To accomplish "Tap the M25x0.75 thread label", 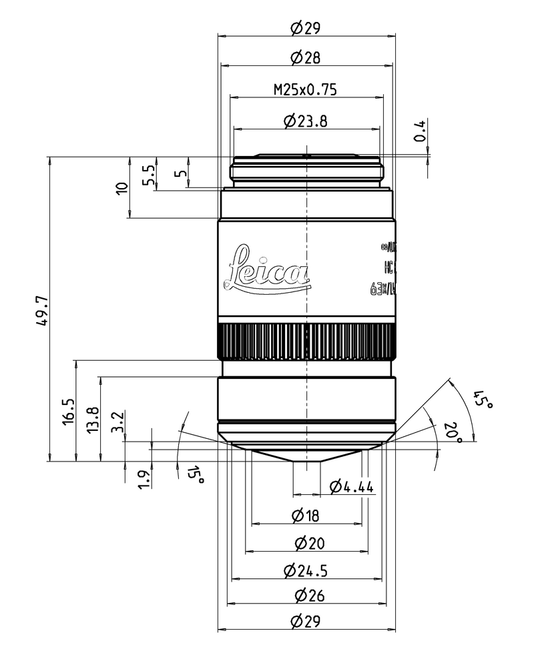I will coord(306,88).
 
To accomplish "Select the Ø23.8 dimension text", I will coord(306,121).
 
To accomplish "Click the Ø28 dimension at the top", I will coord(306,58).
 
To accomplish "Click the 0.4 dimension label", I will coord(419,131).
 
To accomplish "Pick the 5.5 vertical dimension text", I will coord(149,175).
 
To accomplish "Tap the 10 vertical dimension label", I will coord(121,187).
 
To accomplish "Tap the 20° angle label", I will coord(454,433).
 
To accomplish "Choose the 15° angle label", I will coord(195,475).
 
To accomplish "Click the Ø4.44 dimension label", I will coord(352,487).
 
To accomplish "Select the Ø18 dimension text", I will coord(306,515).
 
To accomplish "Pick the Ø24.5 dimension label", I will coord(306,571).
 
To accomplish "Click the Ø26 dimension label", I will coord(306,595).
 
